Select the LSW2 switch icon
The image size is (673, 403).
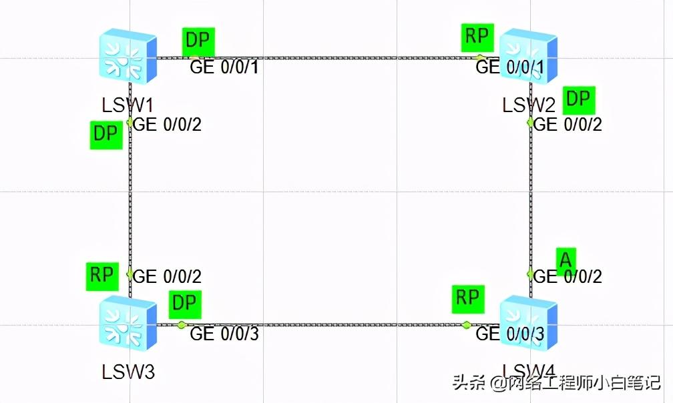(x=529, y=56)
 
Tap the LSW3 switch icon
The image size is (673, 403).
(x=128, y=323)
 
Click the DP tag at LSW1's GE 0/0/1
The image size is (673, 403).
(x=198, y=41)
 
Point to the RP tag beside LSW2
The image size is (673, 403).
(x=477, y=36)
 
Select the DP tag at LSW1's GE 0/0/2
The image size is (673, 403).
(x=105, y=134)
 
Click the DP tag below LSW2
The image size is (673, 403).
(x=578, y=99)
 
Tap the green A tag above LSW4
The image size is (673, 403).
(x=566, y=260)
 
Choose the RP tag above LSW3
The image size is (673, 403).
(x=101, y=276)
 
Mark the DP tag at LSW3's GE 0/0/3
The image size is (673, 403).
(x=184, y=304)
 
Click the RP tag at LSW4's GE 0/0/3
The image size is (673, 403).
(x=467, y=298)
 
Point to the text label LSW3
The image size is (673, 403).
(x=128, y=371)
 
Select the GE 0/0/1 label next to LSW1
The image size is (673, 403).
(x=224, y=67)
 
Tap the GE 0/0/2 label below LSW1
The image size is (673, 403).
(x=168, y=124)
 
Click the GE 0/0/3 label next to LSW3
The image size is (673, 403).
(x=224, y=334)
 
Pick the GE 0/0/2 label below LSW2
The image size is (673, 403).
(x=568, y=124)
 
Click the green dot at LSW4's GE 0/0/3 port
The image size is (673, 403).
(x=467, y=325)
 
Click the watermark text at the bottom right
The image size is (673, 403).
(x=557, y=384)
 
